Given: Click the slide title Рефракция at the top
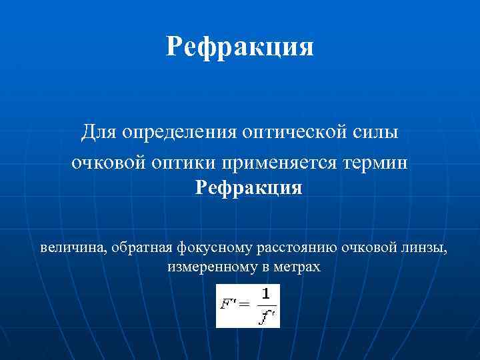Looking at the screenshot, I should tap(240, 47).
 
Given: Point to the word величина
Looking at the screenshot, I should tap(72, 248).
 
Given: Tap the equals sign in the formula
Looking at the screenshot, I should tap(243, 305).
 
